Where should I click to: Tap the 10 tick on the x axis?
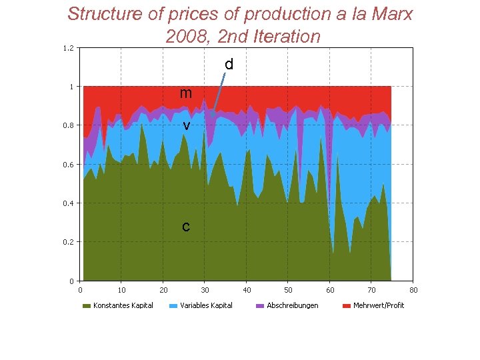(x=122, y=290)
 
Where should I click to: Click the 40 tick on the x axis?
(x=247, y=290)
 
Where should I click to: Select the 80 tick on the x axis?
(x=413, y=290)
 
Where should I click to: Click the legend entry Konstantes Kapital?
(x=123, y=305)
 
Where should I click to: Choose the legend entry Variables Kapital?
(x=206, y=305)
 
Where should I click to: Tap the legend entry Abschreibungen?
(x=292, y=305)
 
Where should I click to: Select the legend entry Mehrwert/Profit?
(x=379, y=305)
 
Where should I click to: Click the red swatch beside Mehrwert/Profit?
(x=347, y=306)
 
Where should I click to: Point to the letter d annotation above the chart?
(x=229, y=65)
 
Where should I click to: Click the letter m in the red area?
(x=186, y=93)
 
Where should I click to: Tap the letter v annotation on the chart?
(x=187, y=125)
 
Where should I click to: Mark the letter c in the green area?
(x=186, y=227)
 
